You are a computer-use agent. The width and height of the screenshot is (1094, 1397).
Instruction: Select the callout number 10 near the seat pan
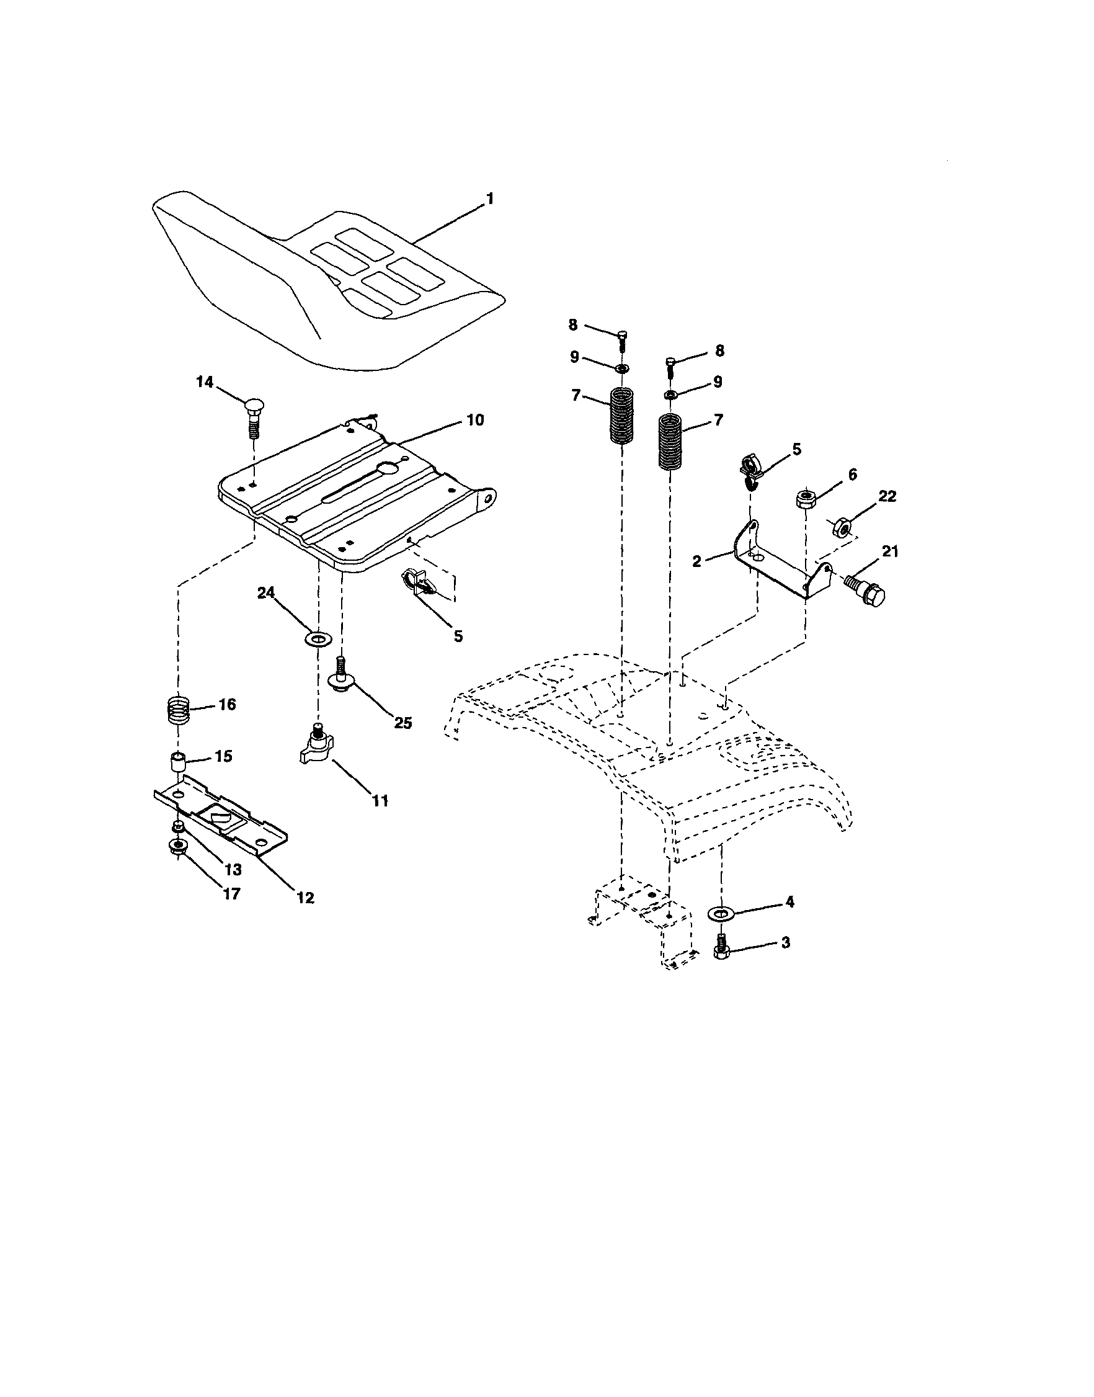pos(474,420)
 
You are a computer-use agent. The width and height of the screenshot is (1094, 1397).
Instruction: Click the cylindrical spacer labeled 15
pos(177,764)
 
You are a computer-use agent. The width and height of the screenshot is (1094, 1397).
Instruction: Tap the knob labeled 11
pos(316,748)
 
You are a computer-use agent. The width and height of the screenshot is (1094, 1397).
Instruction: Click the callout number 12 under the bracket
pos(306,898)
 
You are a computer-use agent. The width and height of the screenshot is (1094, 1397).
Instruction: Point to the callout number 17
pos(231,893)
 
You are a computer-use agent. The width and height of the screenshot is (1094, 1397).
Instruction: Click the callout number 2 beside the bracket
pos(698,561)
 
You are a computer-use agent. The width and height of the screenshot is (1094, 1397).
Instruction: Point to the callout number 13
pos(233,869)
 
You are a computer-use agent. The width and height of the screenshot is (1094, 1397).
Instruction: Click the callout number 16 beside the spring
pos(227,705)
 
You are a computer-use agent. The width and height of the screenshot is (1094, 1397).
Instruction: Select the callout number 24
pos(266,593)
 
